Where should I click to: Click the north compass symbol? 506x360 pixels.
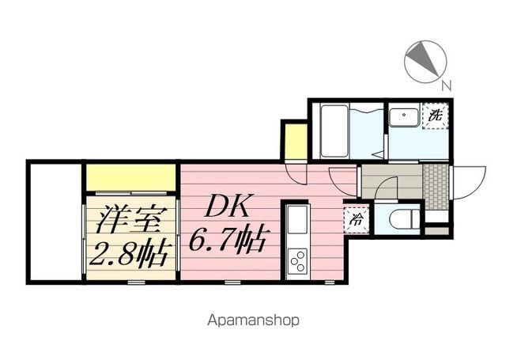(425, 60)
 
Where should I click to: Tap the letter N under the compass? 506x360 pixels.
(447, 85)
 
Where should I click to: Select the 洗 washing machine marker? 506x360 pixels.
(435, 116)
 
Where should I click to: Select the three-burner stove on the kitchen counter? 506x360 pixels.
(299, 260)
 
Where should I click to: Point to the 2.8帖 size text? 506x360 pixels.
(129, 254)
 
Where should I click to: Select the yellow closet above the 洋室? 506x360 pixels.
(130, 176)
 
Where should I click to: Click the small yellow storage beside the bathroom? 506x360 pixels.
(294, 140)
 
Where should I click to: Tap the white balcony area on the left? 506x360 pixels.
(55, 222)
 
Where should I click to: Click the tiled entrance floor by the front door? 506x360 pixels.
(434, 183)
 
